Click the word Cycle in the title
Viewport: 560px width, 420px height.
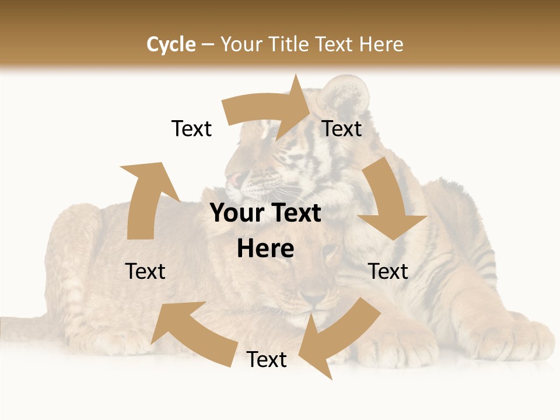[171, 44]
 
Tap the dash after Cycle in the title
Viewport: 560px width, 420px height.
[208, 45]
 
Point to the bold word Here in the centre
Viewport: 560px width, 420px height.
[265, 249]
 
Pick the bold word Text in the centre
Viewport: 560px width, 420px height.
[293, 213]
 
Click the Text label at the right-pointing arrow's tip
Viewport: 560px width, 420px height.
[342, 129]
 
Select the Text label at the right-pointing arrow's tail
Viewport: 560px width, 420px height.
[191, 129]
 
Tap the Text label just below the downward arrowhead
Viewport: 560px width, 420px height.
[388, 271]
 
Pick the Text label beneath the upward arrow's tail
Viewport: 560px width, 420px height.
[145, 271]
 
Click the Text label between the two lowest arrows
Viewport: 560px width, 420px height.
[267, 360]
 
